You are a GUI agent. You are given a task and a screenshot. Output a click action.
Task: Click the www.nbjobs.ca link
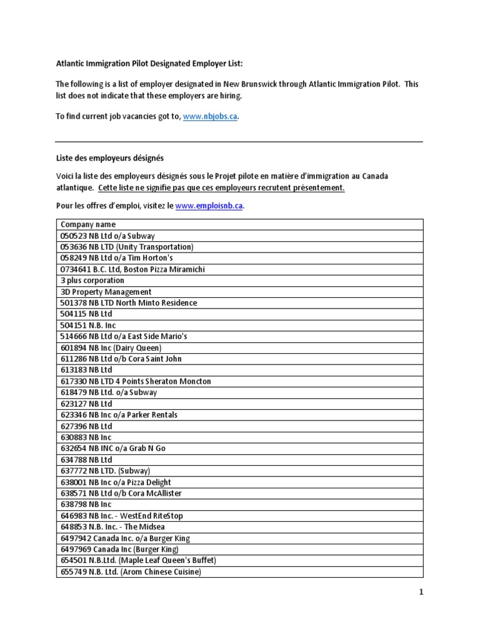[210, 117]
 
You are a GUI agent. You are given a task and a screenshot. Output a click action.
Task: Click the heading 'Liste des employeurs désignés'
[110, 158]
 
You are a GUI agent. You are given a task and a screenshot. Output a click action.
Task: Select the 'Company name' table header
[88, 225]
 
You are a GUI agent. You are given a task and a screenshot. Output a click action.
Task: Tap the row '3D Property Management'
[106, 292]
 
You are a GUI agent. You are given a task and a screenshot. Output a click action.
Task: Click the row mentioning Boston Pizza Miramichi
[133, 269]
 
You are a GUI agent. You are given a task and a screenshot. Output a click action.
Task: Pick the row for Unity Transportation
[127, 247]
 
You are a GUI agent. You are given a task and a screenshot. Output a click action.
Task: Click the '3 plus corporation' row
[92, 281]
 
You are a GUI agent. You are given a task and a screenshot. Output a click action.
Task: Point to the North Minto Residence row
[128, 303]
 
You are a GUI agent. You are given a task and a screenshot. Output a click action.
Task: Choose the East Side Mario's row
[124, 337]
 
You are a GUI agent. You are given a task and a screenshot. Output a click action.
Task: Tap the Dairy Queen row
[111, 348]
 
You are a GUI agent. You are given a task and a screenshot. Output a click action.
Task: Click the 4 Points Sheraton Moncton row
[136, 381]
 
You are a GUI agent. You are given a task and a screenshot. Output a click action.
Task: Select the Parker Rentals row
[121, 415]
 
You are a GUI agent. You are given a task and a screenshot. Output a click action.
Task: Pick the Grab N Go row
[113, 449]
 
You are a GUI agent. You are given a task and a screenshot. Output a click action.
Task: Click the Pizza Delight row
[115, 482]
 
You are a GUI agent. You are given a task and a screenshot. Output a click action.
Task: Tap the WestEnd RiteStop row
[121, 516]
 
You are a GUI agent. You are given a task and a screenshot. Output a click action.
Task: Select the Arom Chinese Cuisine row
[131, 572]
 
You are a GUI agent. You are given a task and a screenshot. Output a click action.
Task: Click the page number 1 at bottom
[421, 593]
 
